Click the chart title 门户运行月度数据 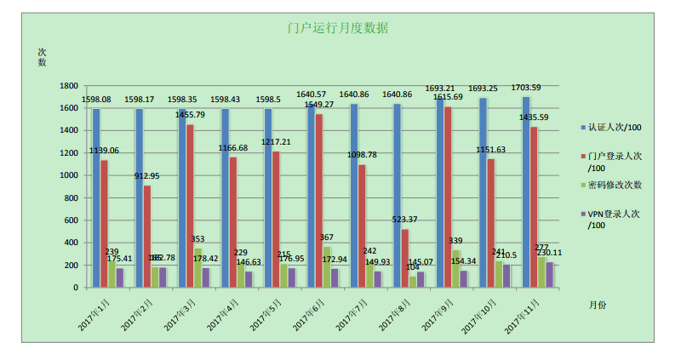pyautogui.click(x=338, y=28)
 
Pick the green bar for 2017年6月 pyautogui.click(x=327, y=266)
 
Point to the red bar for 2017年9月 pyautogui.click(x=448, y=197)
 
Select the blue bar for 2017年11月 pyautogui.click(x=525, y=191)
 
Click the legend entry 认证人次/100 pyautogui.click(x=614, y=128)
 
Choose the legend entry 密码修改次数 pyautogui.click(x=614, y=185)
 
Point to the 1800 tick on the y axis pyautogui.click(x=69, y=86)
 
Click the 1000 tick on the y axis pyautogui.click(x=69, y=175)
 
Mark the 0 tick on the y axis pyautogui.click(x=75, y=288)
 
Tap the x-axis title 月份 pyautogui.click(x=597, y=304)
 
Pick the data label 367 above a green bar pyautogui.click(x=327, y=237)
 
